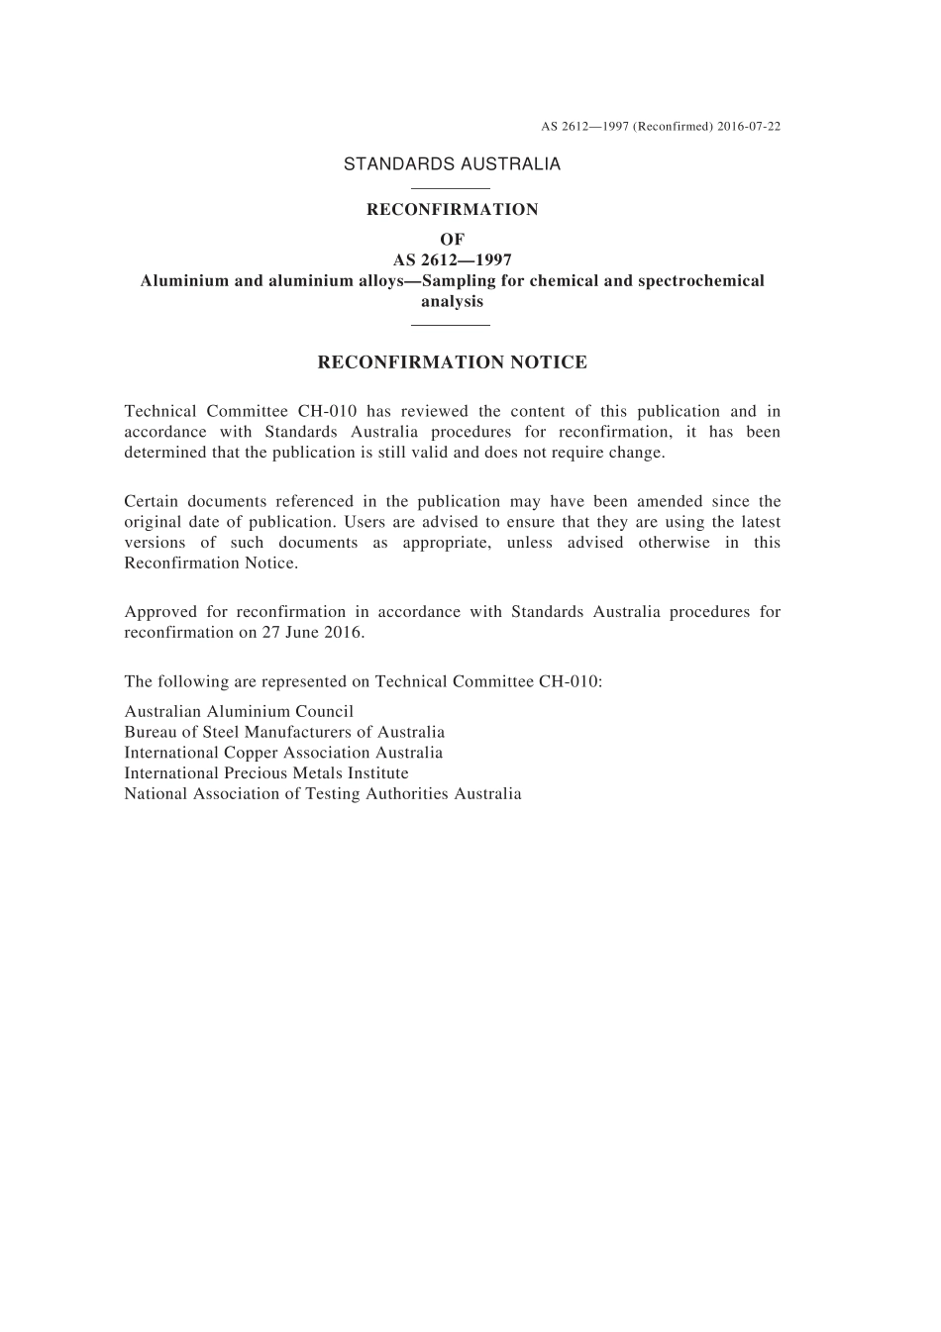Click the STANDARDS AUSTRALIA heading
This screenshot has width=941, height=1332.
(452, 164)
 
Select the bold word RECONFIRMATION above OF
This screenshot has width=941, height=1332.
(452, 210)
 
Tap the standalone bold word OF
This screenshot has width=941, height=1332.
(452, 240)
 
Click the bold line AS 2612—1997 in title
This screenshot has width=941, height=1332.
(452, 260)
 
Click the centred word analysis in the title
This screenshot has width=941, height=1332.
(452, 301)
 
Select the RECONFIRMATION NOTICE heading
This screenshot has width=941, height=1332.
(452, 362)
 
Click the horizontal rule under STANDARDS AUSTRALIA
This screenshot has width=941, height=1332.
(451, 188)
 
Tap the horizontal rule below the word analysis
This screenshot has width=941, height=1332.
(451, 324)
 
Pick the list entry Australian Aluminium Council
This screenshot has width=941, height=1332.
(239, 712)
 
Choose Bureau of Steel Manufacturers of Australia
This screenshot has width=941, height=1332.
(284, 733)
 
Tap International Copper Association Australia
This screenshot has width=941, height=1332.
(283, 753)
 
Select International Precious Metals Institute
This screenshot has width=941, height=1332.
(266, 773)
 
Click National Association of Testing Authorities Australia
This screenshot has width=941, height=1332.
(323, 794)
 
